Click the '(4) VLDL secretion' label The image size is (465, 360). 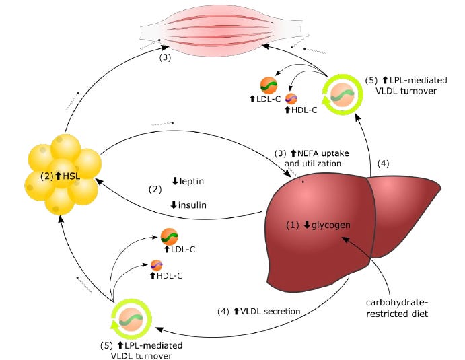(258, 312)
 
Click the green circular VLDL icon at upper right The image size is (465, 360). (343, 94)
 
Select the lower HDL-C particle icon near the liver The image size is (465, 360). (157, 264)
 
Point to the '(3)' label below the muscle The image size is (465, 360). (166, 58)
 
